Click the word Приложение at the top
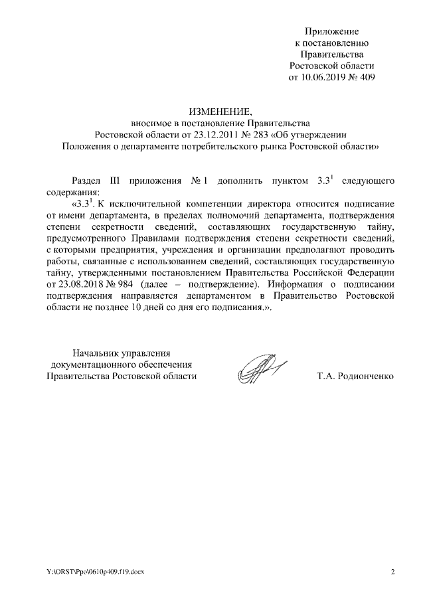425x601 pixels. (331, 31)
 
